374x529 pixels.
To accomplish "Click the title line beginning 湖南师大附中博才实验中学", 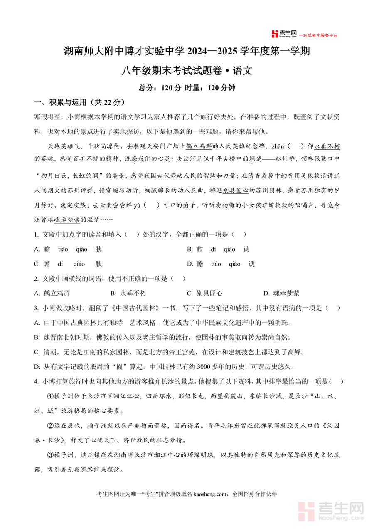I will [x=187, y=52].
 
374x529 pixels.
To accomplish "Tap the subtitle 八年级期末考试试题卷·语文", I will [x=187, y=70].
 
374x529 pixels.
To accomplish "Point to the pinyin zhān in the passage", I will [x=278, y=146].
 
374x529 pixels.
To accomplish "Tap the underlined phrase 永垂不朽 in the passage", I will [x=327, y=146].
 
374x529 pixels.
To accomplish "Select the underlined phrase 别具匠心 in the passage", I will [x=235, y=190].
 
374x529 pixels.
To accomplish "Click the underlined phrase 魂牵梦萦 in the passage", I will [x=67, y=220].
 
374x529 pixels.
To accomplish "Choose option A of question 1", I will [x=68, y=249].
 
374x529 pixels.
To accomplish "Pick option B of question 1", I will [x=219, y=249].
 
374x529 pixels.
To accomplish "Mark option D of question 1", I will [x=220, y=264].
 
